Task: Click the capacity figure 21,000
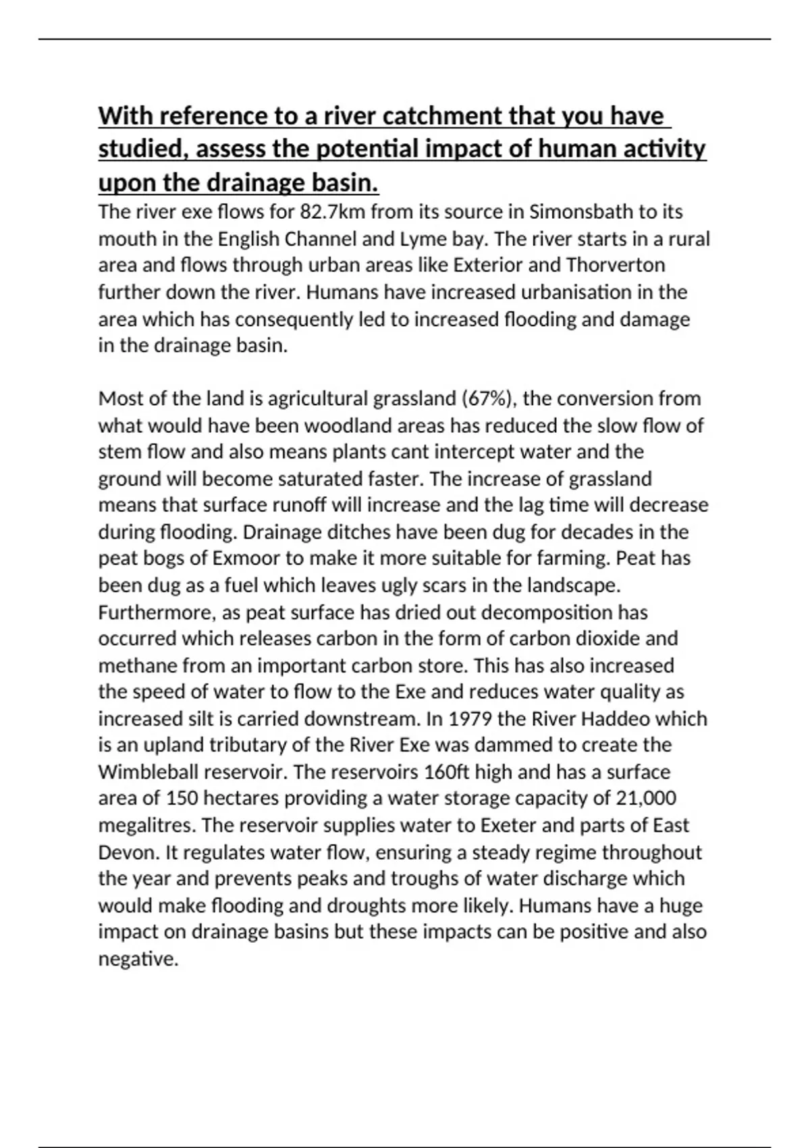coord(646,798)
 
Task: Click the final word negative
coord(138,959)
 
